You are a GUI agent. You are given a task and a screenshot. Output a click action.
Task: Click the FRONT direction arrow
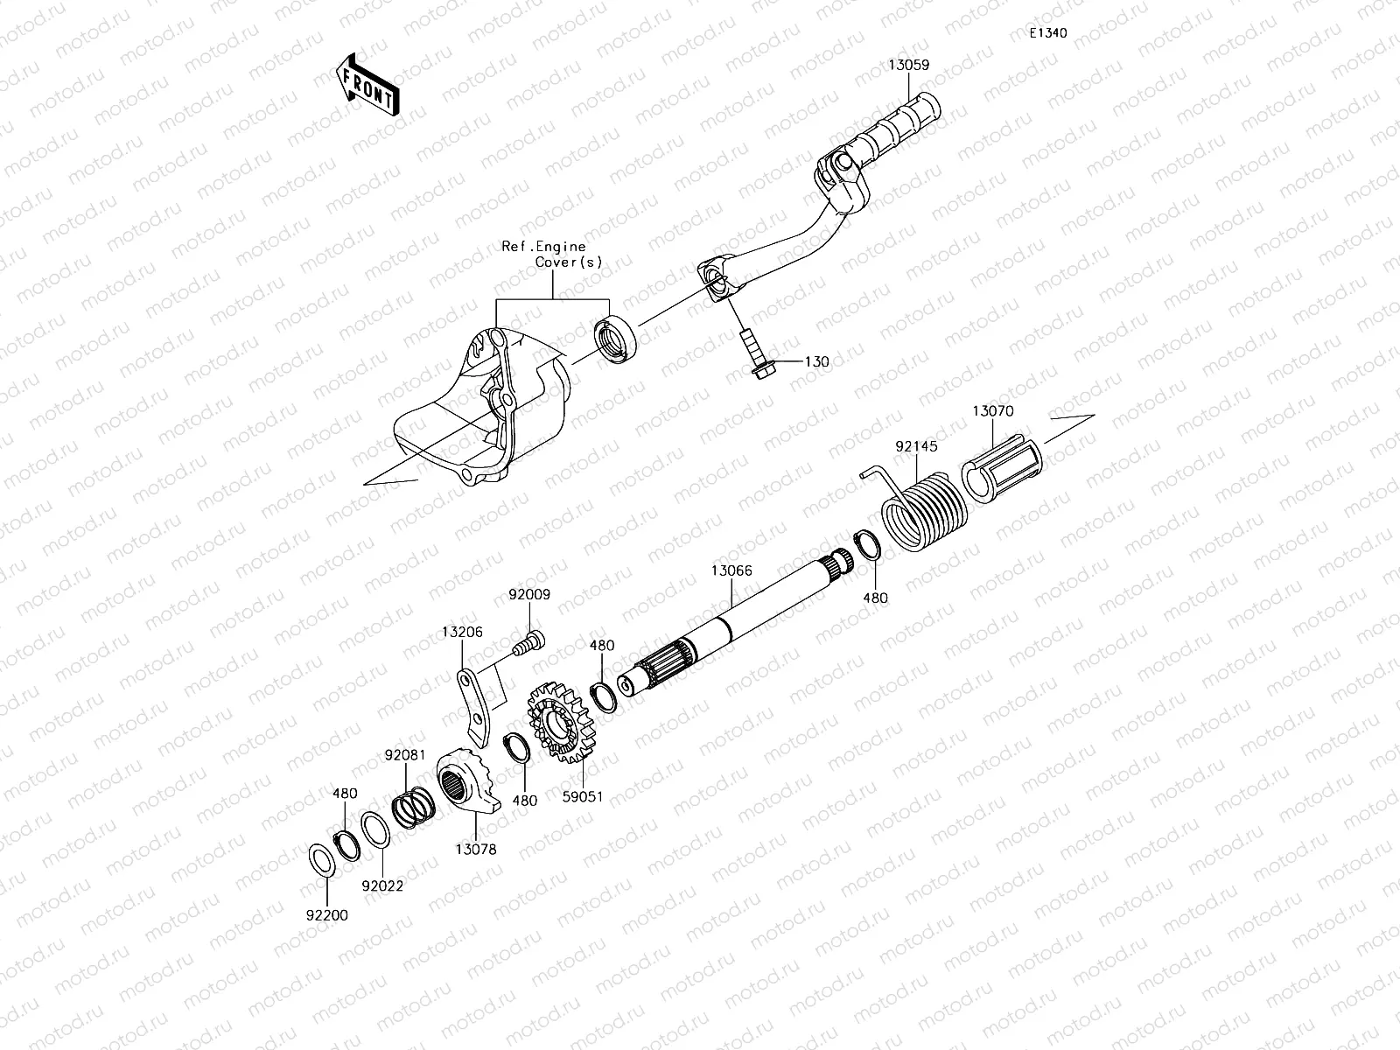367,85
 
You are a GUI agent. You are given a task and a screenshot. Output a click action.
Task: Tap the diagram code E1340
1047,33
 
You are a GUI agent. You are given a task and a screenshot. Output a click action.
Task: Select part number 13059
908,65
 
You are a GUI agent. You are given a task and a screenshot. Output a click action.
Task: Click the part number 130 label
816,361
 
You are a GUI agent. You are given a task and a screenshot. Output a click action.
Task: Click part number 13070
992,409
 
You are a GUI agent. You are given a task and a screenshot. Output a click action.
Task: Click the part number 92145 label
915,446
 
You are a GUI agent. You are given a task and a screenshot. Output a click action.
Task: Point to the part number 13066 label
731,570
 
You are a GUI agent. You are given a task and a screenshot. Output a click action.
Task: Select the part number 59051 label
583,797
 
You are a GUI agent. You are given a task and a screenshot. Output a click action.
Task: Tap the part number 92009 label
529,595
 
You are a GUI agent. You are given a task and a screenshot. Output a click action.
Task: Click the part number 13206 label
462,632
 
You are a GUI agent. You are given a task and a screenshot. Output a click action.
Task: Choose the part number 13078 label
476,849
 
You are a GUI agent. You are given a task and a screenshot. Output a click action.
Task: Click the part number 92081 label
405,754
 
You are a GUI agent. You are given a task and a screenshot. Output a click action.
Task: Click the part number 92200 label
327,916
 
